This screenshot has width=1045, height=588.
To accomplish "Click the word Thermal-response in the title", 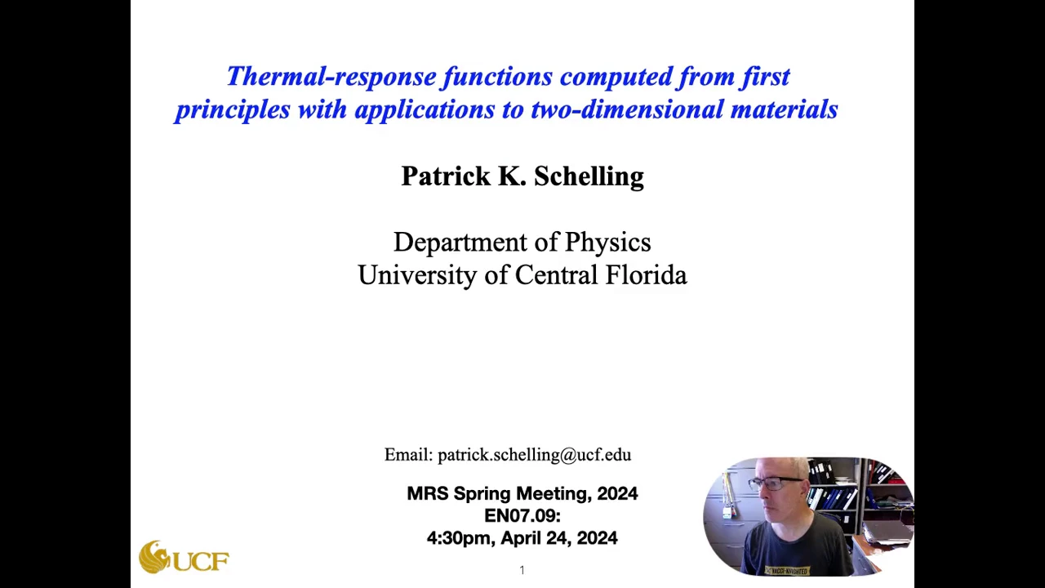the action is point(331,77).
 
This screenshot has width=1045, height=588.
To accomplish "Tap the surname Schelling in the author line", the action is point(589,176).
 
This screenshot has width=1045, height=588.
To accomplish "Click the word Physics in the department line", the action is point(608,243).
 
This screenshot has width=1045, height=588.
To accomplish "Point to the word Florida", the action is point(646,274).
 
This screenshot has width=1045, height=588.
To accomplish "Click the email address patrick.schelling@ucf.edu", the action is point(534,455).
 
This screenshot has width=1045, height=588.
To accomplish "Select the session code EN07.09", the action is point(522,516).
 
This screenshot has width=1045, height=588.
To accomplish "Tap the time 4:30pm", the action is point(460,538).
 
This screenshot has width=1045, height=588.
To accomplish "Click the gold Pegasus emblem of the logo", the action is point(153,556).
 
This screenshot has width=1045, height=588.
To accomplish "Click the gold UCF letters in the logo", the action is point(201,561).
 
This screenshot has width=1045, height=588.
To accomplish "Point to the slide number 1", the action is point(522,570).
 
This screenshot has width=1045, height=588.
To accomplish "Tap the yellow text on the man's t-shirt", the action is point(786,571).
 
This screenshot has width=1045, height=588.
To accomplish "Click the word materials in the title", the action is point(785,109).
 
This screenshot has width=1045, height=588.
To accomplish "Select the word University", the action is point(417,275).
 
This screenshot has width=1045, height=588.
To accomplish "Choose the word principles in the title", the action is point(233,110).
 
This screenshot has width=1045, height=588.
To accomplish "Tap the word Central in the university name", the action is point(556,274).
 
